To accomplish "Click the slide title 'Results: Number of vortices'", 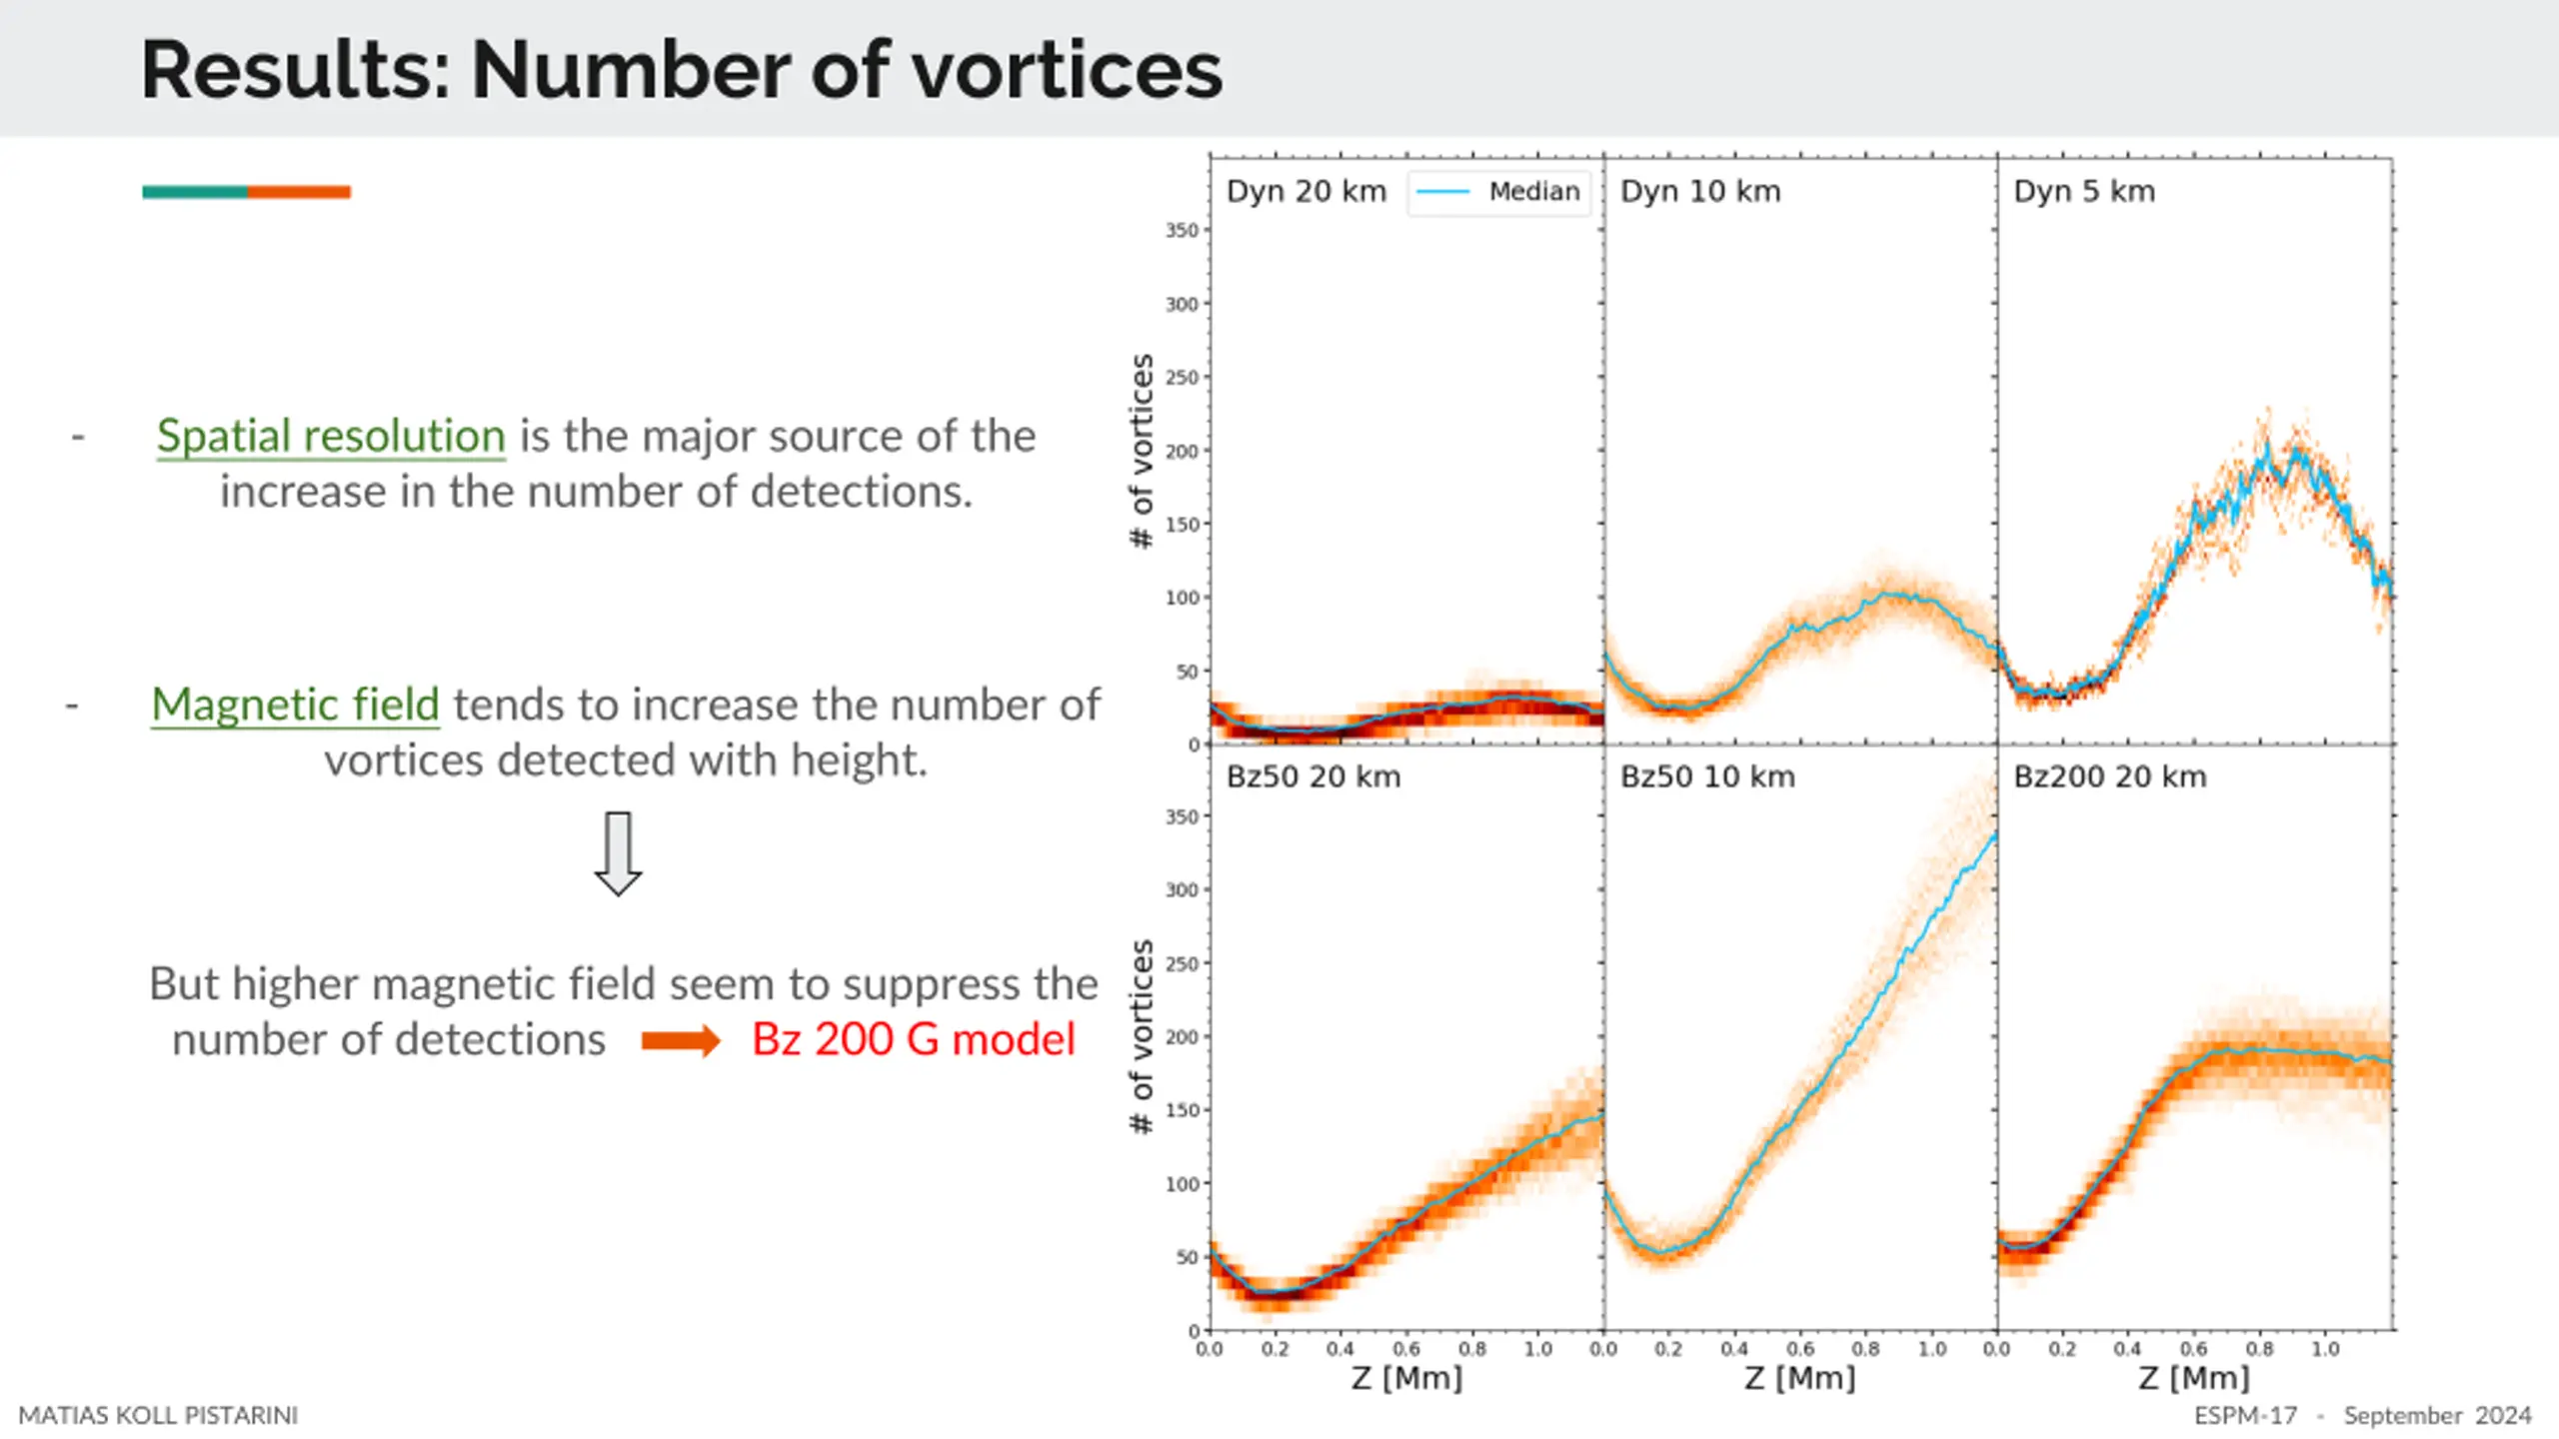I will coord(681,70).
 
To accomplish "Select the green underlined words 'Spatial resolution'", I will coord(331,437).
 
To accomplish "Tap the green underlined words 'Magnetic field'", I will coord(295,706).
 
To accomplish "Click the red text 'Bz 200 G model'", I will coord(913,1039).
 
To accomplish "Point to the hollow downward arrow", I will coord(618,853).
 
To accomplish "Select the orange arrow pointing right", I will coord(680,1040).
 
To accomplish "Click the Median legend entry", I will coord(1499,192).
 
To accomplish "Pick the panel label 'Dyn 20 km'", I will coord(1305,192).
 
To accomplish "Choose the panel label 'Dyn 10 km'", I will coord(1699,192).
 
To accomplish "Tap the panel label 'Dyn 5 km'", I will coord(2083,192).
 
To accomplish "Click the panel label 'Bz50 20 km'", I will coord(1312,777).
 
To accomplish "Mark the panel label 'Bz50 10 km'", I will coord(1706,777).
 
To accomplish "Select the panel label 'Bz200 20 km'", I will coord(2109,777).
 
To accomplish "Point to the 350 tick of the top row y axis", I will coord(1182,231).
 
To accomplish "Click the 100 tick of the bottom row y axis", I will coord(1182,1184).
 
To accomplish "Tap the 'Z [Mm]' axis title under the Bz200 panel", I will coord(2193,1378).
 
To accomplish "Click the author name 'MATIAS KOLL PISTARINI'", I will coord(158,1416).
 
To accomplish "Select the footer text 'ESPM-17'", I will coord(2245,1416).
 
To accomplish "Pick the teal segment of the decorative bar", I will coord(195,192).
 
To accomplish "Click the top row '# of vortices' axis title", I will coord(1142,451).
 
